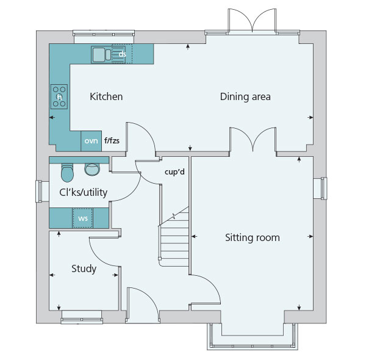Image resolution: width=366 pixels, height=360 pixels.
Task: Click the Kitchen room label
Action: coord(106,96)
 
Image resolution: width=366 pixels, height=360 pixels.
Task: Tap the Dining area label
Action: coord(245,96)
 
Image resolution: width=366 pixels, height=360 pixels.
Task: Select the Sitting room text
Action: coord(253,238)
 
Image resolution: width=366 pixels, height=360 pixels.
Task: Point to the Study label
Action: coord(84,268)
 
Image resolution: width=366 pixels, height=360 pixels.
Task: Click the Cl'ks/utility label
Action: coord(84,193)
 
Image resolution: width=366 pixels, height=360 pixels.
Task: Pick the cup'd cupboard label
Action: coord(174,172)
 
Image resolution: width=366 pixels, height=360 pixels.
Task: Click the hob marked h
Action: coord(59,96)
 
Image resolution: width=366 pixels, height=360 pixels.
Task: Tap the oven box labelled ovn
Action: coord(91,141)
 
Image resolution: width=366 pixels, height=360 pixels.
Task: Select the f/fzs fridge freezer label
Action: coord(112,140)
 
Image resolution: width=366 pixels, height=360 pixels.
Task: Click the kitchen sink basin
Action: coord(99,55)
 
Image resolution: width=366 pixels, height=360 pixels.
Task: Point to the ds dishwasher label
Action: coord(123,54)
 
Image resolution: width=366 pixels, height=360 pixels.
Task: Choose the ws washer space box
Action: coord(82,218)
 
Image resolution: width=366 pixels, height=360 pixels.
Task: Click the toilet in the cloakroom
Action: coord(67,173)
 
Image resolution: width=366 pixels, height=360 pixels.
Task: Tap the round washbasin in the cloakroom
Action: coord(92,169)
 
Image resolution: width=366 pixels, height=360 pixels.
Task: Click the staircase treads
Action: coord(174,240)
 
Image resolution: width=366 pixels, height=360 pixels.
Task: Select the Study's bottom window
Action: coord(82,317)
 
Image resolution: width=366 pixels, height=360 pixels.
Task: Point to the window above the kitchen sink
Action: coord(104,37)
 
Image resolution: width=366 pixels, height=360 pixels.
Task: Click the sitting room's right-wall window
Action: coord(320,188)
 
